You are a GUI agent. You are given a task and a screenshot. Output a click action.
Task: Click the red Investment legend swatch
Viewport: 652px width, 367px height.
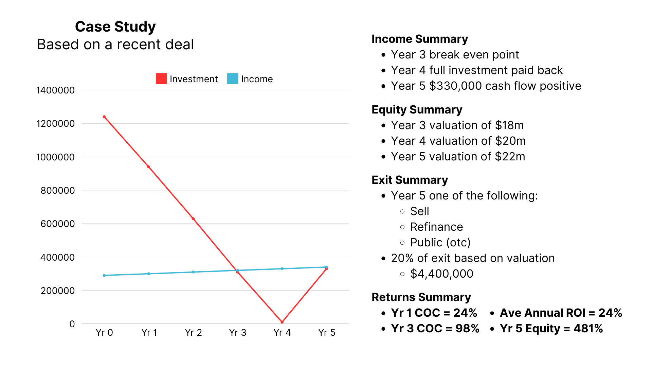161,79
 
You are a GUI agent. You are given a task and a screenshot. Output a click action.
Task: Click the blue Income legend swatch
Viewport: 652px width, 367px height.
233,79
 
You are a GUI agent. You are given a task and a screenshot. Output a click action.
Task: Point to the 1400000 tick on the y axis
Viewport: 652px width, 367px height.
55,90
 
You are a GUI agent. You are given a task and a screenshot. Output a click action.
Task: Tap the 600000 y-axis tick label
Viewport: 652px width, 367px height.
57,224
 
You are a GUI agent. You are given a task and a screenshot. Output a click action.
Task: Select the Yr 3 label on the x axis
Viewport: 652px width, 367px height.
237,333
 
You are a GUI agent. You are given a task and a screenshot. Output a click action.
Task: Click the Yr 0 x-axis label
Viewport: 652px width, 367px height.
104,333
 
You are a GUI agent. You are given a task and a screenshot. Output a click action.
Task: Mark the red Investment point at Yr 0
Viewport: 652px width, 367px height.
104,117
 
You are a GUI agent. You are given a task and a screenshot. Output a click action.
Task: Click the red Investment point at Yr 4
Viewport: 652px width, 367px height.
282,322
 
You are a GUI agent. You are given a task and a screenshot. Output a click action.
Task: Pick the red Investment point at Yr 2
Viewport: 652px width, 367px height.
193,219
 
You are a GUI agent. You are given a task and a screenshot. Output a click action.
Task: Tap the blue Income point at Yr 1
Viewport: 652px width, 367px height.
149,274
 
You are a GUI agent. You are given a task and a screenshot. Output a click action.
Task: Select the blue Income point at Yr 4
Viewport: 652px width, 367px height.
282,269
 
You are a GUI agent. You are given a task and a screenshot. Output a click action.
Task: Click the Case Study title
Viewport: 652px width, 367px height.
115,27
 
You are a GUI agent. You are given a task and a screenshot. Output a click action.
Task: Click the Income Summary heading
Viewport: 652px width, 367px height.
420,39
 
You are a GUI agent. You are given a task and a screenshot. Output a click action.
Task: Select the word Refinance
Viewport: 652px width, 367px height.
436,227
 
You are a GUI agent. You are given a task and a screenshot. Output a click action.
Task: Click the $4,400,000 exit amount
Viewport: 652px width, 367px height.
441,274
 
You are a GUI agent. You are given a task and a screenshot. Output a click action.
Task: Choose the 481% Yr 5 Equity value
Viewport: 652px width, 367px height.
588,329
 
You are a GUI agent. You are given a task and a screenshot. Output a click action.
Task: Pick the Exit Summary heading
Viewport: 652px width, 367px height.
410,180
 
